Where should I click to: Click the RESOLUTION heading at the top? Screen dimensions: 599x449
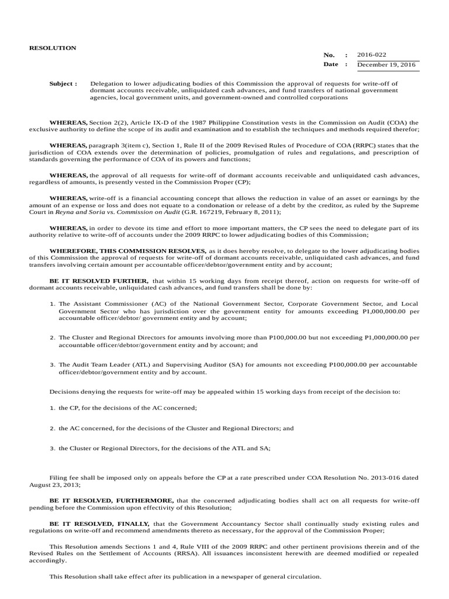click(53, 47)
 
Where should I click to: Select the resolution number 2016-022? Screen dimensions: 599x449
click(371, 53)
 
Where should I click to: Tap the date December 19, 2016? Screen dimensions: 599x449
click(386, 64)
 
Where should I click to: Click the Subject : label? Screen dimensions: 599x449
click(63, 84)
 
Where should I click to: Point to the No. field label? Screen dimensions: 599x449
click(329, 53)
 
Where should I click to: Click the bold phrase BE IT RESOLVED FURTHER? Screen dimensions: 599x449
click(99, 281)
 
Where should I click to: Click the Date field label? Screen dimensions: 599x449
click(330, 64)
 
